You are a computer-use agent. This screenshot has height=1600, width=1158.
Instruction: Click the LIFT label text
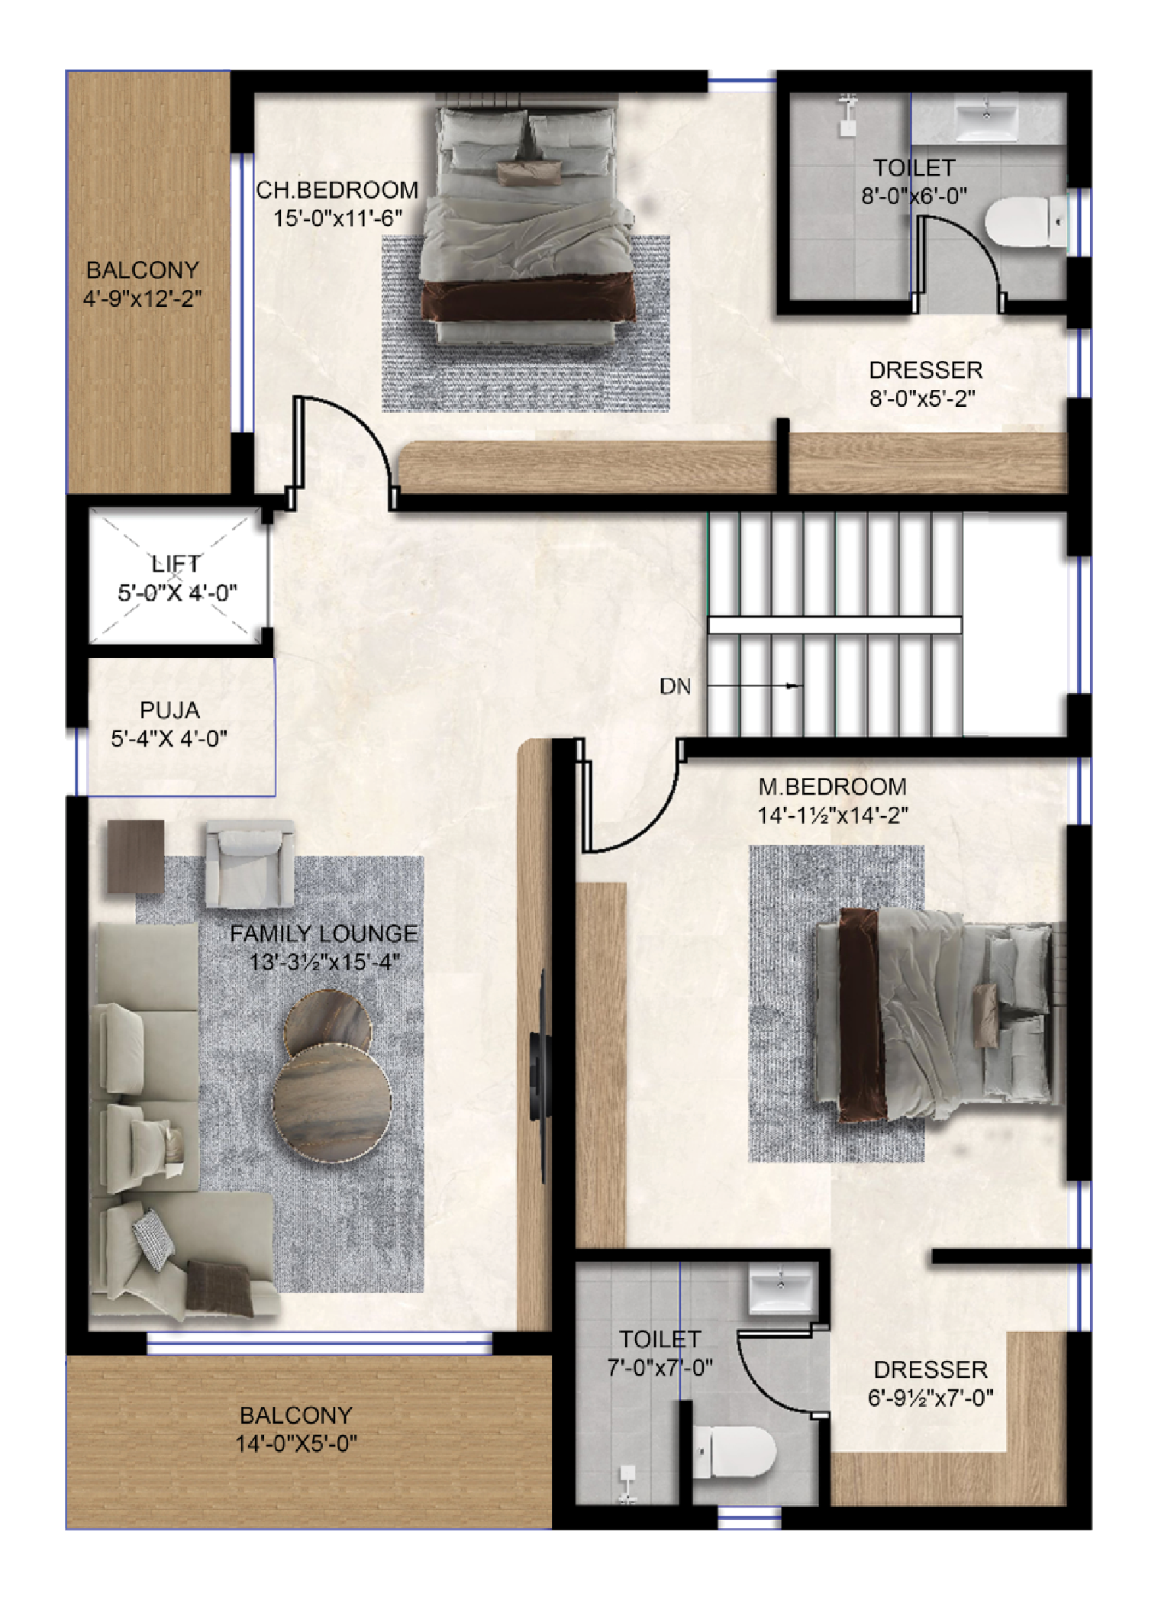pyautogui.click(x=176, y=563)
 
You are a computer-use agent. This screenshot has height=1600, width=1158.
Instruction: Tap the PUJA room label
pyautogui.click(x=169, y=710)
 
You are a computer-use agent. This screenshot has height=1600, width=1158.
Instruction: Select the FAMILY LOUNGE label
pyautogui.click(x=324, y=934)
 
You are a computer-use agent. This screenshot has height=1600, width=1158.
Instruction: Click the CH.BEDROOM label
pyautogui.click(x=337, y=190)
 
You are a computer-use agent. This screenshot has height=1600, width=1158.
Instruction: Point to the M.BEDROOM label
pyautogui.click(x=832, y=786)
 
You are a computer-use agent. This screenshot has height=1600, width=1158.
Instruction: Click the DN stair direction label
pyautogui.click(x=675, y=687)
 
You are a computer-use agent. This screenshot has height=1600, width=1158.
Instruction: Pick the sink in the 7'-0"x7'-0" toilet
pyautogui.click(x=780, y=1289)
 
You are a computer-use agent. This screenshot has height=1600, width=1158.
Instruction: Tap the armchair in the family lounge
pyautogui.click(x=249, y=863)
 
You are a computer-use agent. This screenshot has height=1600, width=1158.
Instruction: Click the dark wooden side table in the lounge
pyautogui.click(x=136, y=856)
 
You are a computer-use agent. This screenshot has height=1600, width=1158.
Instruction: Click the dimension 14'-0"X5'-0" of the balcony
pyautogui.click(x=296, y=1444)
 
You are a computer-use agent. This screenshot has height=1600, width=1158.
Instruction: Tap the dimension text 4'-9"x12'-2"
pyautogui.click(x=143, y=298)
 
